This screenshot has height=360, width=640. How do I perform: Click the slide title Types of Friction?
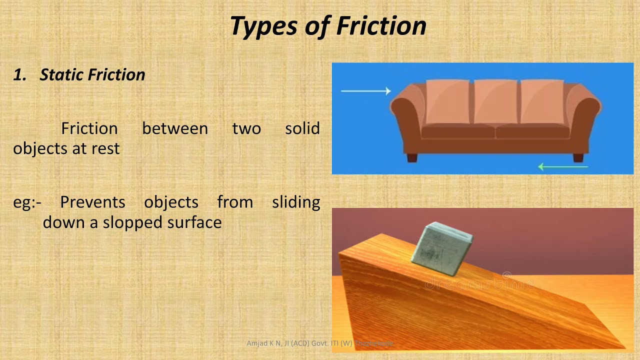(x=328, y=26)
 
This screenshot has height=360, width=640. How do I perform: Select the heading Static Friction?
(x=92, y=74)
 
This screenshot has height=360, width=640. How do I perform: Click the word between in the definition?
(x=175, y=128)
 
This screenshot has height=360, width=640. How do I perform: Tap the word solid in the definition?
(x=302, y=128)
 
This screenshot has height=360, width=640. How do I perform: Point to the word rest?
(x=105, y=148)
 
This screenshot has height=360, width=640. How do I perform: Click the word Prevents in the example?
(x=92, y=202)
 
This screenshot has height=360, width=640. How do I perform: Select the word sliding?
(x=296, y=202)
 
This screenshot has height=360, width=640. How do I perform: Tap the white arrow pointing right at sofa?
(x=365, y=90)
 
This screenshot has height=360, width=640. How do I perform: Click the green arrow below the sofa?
(x=562, y=166)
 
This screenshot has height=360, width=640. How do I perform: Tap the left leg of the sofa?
(x=412, y=157)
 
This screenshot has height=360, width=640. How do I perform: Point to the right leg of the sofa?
(x=578, y=157)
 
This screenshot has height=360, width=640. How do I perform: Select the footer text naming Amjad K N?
(x=320, y=343)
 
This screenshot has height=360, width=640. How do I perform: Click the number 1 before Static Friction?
(x=19, y=74)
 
